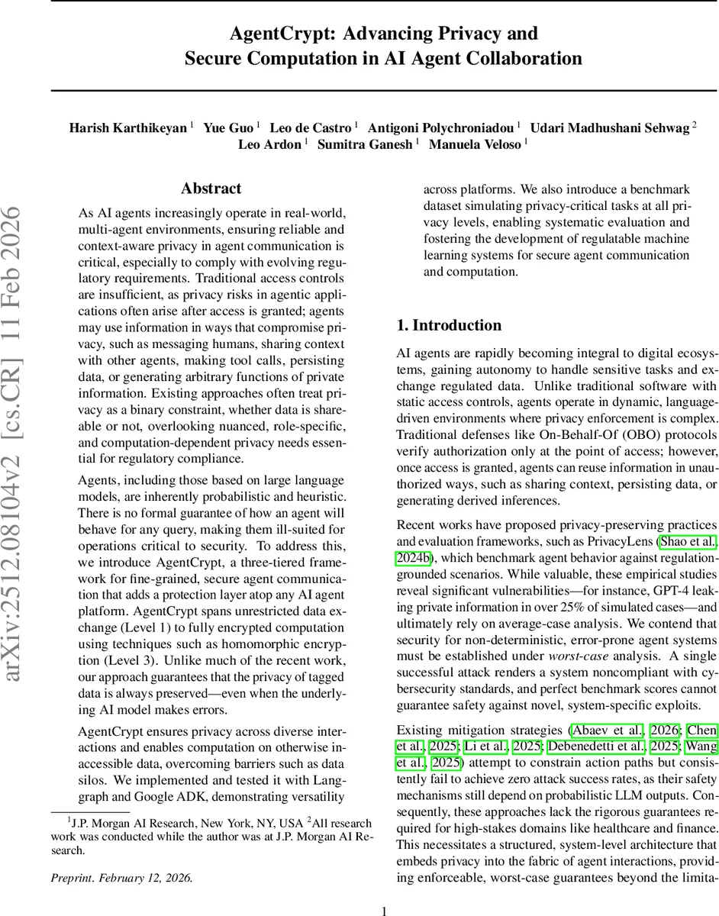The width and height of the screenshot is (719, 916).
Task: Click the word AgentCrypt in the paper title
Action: pos(272,34)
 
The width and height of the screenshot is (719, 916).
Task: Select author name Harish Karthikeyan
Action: pos(128,127)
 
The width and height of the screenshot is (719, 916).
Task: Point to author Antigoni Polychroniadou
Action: pos(442,127)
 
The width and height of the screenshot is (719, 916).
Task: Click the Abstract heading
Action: pos(211,188)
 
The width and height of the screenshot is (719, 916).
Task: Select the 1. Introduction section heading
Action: pos(450,325)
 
